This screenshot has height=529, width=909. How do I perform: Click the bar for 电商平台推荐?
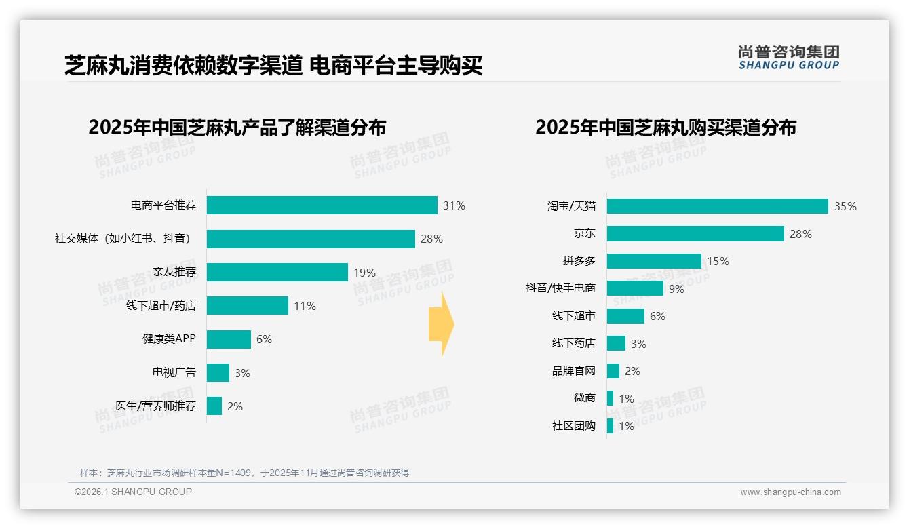point(322,205)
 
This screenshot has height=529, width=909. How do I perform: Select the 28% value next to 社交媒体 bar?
point(431,239)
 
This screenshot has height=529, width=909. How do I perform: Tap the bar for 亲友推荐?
point(277,272)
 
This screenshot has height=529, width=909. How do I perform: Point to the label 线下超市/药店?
point(161,306)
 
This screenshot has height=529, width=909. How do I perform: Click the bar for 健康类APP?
point(229,339)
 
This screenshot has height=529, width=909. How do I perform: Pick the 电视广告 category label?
point(174,372)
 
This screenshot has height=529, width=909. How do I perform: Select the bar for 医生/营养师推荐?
point(214,406)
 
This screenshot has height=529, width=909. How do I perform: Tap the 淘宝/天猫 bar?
point(717,206)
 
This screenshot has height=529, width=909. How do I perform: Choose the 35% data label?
point(845,206)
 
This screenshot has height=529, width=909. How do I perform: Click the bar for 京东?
point(695,233)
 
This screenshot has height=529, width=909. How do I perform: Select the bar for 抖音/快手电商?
point(635,288)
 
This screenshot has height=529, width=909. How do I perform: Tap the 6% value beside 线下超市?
point(657,316)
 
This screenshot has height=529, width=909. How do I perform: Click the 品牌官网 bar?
point(613,371)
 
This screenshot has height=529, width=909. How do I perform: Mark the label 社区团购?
point(573,426)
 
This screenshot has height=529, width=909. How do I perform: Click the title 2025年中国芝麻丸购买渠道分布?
point(665,128)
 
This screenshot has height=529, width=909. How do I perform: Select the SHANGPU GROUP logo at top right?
point(788,58)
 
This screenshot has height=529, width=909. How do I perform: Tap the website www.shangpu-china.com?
point(790,492)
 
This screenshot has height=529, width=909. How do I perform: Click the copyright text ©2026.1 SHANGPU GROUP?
point(133,492)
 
